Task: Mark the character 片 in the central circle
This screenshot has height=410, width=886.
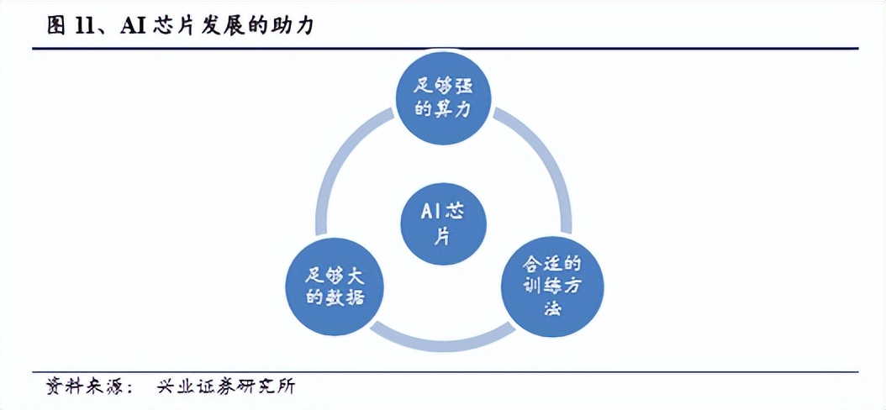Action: (442, 236)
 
